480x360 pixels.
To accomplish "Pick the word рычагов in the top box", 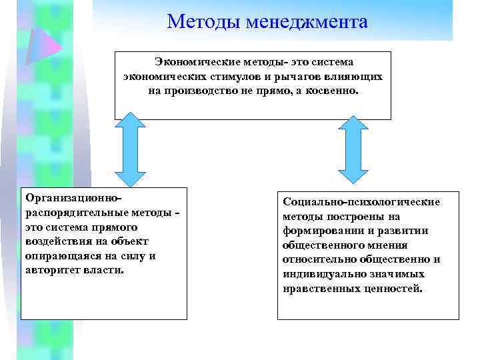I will tap(285, 76).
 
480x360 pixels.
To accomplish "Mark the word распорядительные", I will tap(75, 213).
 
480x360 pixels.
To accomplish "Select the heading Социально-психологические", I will tap(361, 201).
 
